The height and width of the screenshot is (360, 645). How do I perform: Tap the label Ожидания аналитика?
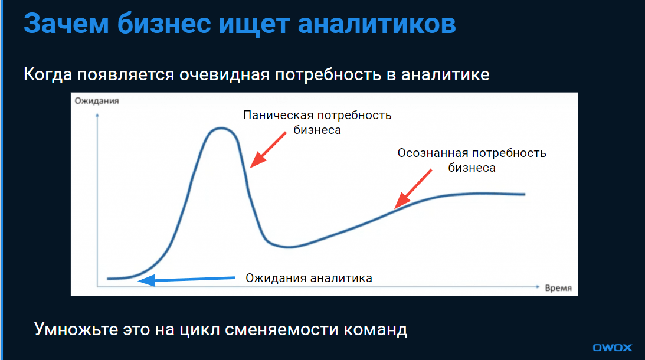(x=309, y=278)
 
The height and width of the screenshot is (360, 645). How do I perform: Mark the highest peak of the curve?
(x=222, y=128)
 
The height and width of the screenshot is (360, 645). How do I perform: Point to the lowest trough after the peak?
(x=288, y=247)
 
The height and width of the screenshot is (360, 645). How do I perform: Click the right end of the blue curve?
(x=524, y=194)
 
